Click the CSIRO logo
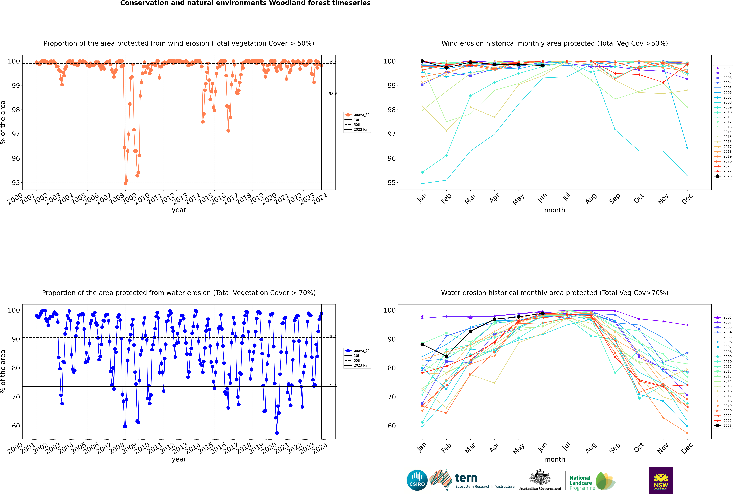pos(417,480)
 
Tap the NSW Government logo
pos(661,480)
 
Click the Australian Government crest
pos(540,477)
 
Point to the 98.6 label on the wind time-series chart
pos(333,94)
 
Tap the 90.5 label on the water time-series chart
pos(333,336)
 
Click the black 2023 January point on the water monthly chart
pos(422,344)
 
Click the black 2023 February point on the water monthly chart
pos(446,356)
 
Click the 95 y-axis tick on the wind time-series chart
pos(16,183)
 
